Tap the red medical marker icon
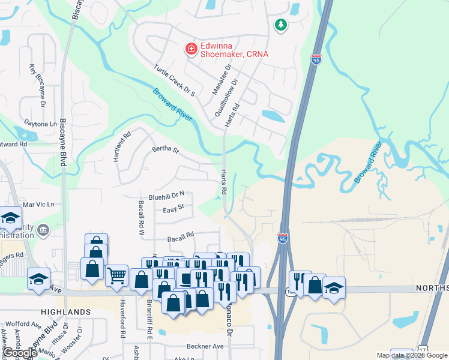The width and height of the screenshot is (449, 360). click(x=191, y=47)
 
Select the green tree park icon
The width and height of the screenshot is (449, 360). click(x=280, y=25)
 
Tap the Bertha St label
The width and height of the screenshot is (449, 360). click(x=166, y=149)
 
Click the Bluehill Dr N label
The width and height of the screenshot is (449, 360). click(x=170, y=196)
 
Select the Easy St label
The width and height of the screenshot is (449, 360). click(x=173, y=209)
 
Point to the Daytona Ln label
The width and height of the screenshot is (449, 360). click(x=41, y=124)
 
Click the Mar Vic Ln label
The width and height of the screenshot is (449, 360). click(x=38, y=205)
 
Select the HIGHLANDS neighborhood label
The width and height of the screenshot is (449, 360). click(x=65, y=312)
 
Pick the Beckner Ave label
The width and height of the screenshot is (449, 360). click(x=205, y=346)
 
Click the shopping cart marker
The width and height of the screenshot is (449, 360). click(x=116, y=275)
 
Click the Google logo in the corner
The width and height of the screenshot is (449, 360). click(x=20, y=353)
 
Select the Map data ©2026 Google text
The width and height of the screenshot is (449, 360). click(x=411, y=355)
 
